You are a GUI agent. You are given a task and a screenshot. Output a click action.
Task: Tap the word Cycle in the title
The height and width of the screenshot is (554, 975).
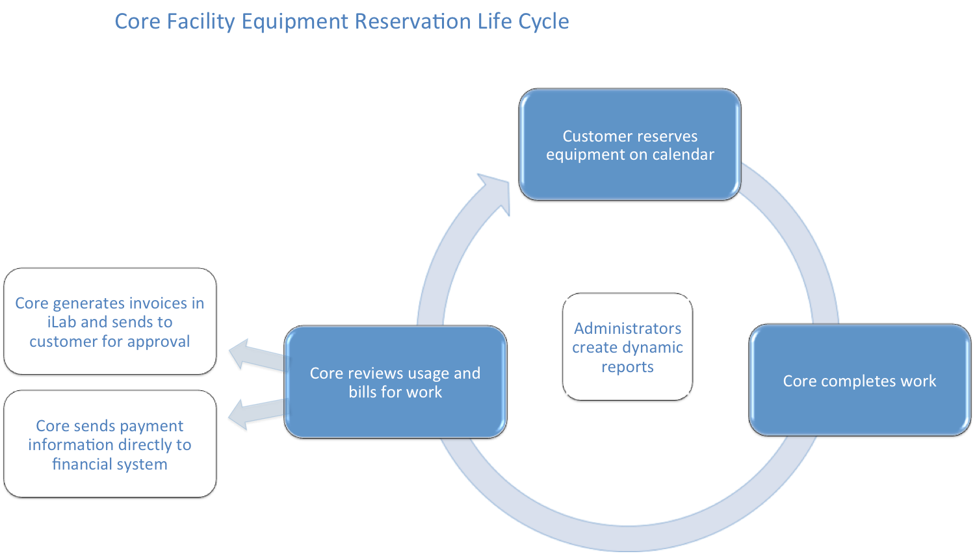click(543, 21)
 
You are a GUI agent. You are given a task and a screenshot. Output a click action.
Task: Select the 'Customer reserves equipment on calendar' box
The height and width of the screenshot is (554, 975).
click(630, 145)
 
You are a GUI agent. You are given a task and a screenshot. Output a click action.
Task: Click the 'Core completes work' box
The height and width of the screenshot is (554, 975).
click(859, 381)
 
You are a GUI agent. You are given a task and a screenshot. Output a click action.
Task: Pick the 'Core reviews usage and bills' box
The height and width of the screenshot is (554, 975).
click(395, 382)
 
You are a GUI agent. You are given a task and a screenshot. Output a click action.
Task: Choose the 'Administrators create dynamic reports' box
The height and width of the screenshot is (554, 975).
click(627, 347)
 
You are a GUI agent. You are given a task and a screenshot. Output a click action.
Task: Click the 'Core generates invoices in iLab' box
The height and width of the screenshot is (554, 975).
click(110, 321)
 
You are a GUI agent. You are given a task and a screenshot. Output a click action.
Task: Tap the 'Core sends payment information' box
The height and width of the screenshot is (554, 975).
click(110, 444)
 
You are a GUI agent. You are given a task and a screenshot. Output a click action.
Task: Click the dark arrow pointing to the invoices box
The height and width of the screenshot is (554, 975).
click(253, 357)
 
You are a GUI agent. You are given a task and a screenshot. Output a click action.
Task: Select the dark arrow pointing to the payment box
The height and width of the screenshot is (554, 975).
click(253, 414)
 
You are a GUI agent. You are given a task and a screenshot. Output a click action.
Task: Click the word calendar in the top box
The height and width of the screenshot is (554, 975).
click(683, 155)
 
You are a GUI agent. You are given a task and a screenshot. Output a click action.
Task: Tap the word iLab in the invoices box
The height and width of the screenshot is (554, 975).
click(62, 322)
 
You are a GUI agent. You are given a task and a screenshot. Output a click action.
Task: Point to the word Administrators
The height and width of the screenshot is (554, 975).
click(627, 328)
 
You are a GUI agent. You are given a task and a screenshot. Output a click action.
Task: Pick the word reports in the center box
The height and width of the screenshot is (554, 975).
click(627, 367)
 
